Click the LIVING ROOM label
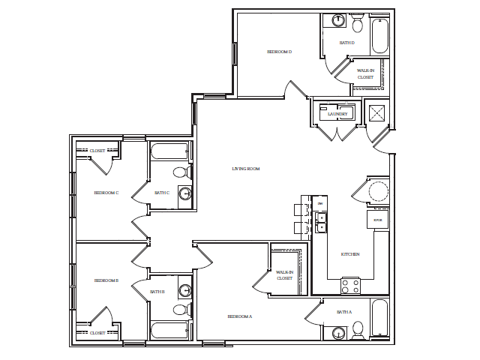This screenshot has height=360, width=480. (245, 169)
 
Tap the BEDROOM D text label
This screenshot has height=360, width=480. (279, 52)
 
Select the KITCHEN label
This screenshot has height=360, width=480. (350, 254)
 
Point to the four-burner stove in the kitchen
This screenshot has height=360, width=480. (350, 285)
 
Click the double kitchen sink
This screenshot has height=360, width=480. (321, 222)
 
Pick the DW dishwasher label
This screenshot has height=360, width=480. (320, 203)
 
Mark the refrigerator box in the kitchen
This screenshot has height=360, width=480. (378, 220)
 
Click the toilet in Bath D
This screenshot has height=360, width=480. (358, 25)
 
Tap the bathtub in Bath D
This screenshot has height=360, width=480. (380, 35)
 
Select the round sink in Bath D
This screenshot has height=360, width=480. (338, 20)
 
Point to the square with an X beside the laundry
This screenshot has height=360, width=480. (376, 112)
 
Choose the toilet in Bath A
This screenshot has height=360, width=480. (358, 329)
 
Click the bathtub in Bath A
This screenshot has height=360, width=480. (380, 318)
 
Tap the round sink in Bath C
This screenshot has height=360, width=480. (184, 193)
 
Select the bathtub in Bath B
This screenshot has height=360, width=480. (169, 330)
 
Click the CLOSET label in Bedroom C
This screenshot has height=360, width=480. (97, 151)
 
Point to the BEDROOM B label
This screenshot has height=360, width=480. (106, 280)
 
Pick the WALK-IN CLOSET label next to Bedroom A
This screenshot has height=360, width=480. (284, 275)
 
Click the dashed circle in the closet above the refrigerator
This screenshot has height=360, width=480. (379, 190)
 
